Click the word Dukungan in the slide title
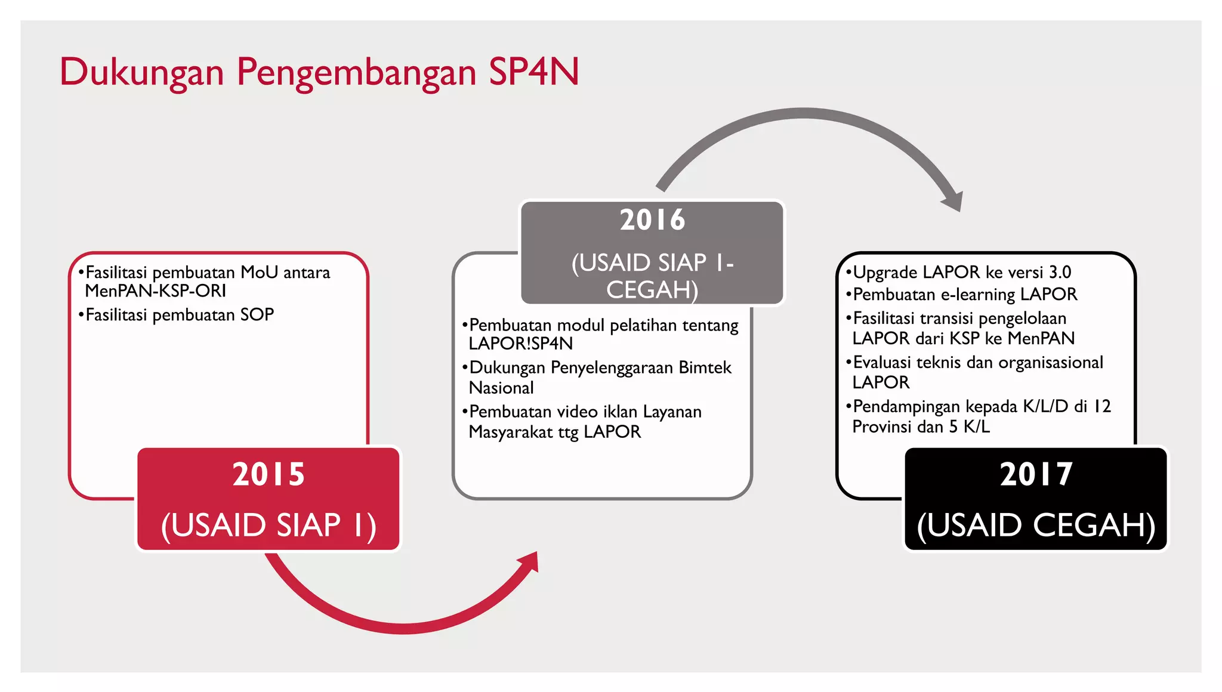click(x=141, y=73)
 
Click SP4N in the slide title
click(x=533, y=72)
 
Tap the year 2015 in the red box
click(x=269, y=474)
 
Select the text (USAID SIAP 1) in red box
click(x=269, y=526)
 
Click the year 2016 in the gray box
click(x=652, y=220)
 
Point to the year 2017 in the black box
click(x=1036, y=474)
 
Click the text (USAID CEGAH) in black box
click(x=1036, y=526)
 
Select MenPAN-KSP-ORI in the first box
click(x=155, y=291)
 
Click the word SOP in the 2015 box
click(x=257, y=315)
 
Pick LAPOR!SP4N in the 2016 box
click(x=520, y=344)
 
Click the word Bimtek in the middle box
click(x=705, y=367)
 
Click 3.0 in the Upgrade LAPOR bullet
click(x=1060, y=273)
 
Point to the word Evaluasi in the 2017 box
click(x=882, y=363)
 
